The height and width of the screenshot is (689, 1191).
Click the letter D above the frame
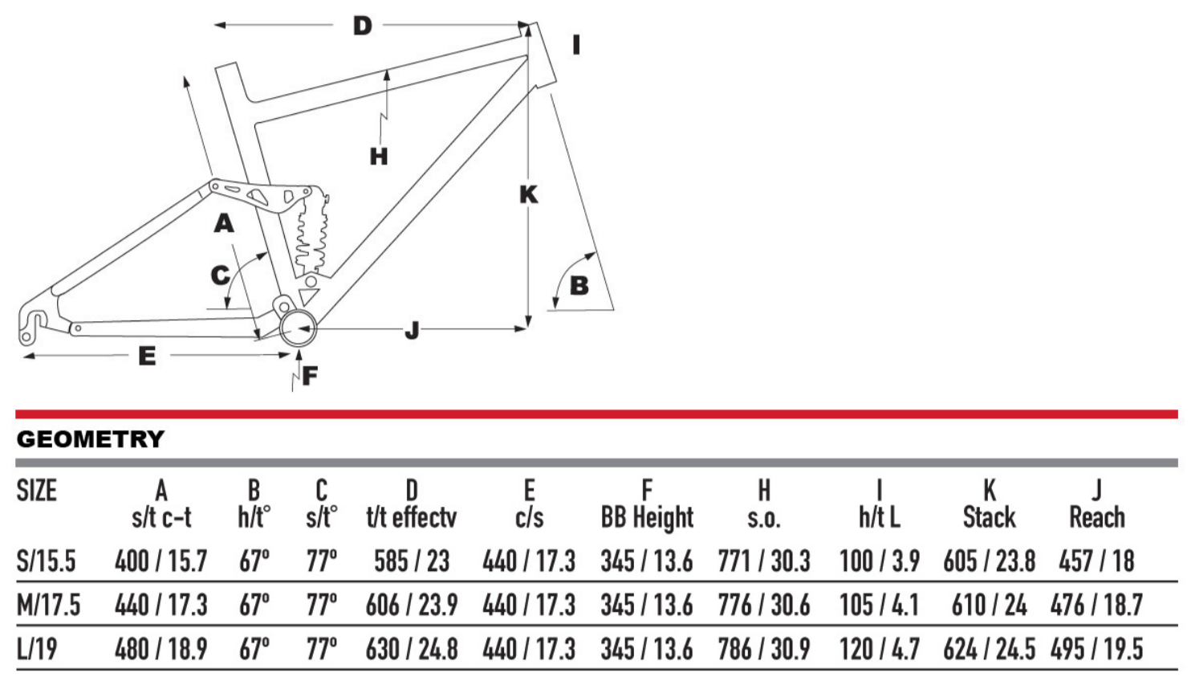pyautogui.click(x=363, y=26)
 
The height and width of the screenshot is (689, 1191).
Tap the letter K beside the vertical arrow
pyautogui.click(x=528, y=194)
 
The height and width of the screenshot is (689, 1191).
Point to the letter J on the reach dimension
pyautogui.click(x=412, y=329)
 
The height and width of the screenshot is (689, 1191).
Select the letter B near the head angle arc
pyautogui.click(x=579, y=285)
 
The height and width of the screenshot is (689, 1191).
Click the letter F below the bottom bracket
pyautogui.click(x=310, y=375)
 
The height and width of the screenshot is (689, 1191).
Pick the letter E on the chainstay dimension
pyautogui.click(x=147, y=356)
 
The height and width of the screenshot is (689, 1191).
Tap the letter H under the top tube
pyautogui.click(x=379, y=156)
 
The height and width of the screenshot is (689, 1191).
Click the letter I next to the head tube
pyautogui.click(x=575, y=45)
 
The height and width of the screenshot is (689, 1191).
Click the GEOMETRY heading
pyautogui.click(x=90, y=439)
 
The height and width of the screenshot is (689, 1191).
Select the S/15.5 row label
pyautogui.click(x=46, y=561)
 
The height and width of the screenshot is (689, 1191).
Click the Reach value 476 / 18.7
pyautogui.click(x=1095, y=605)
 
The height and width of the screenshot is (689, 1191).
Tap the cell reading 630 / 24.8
pyautogui.click(x=412, y=649)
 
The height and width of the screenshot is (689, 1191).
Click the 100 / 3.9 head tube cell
pyautogui.click(x=879, y=561)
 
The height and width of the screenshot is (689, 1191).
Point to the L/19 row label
pyautogui.click(x=37, y=649)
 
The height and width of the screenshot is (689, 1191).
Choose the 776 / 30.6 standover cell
pyautogui.click(x=763, y=605)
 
